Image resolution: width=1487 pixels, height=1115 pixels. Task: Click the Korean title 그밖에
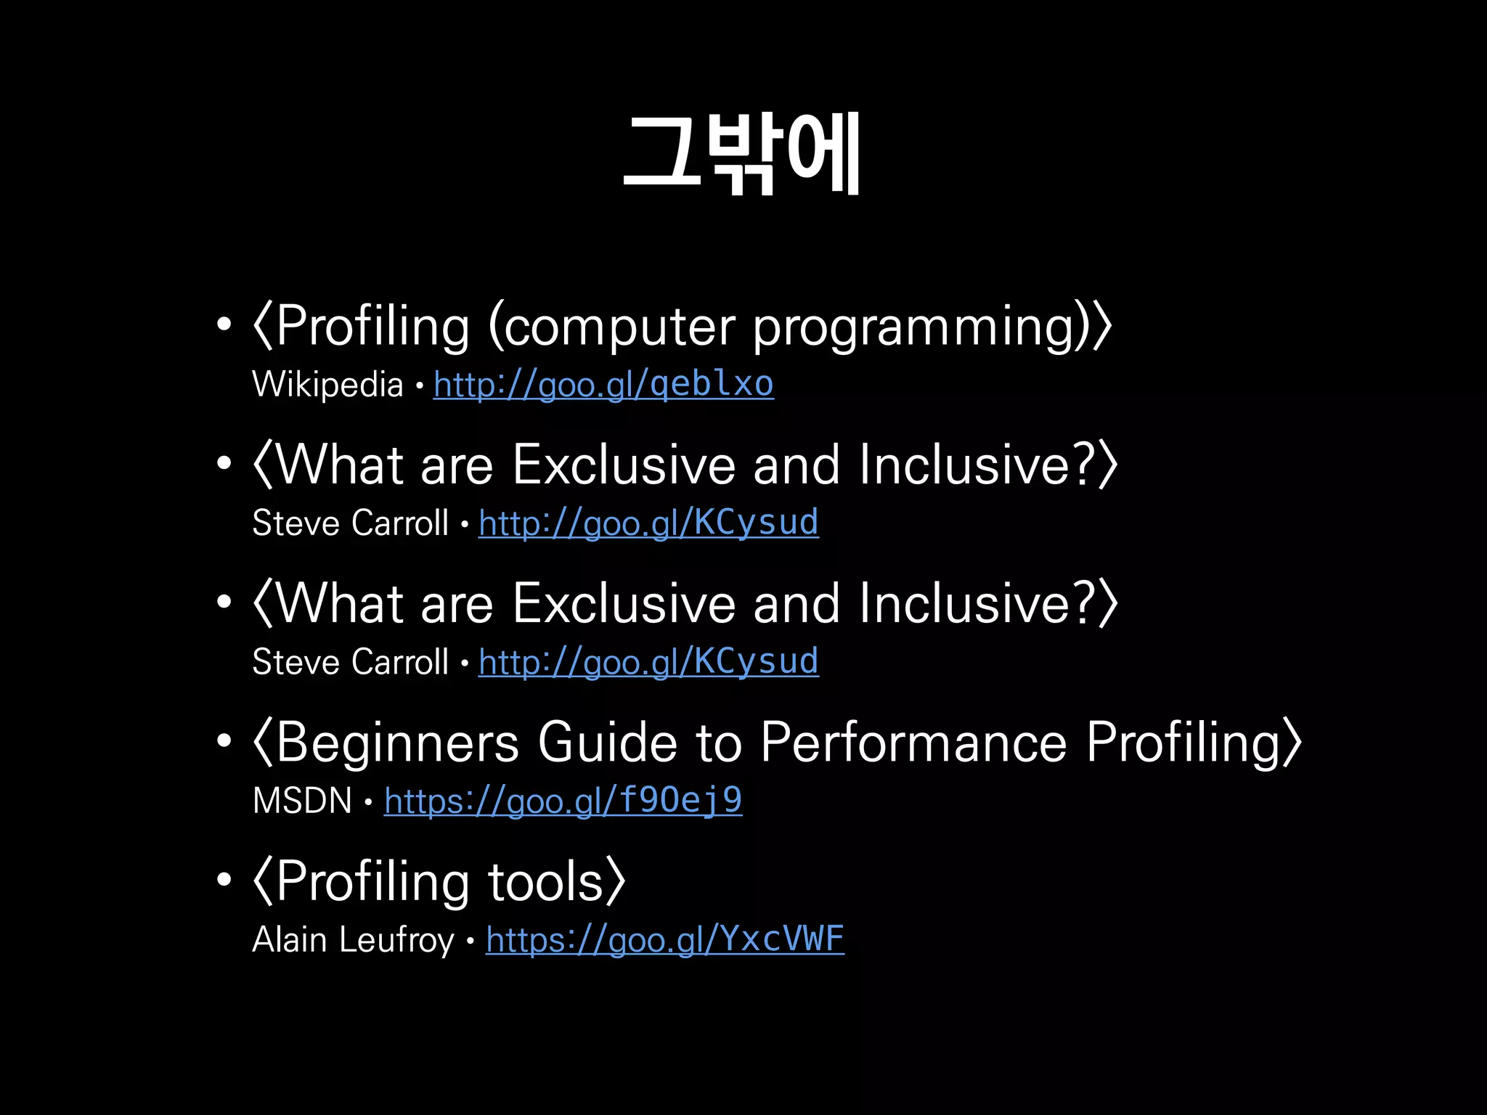pos(742,154)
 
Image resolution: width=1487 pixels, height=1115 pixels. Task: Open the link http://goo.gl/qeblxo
pos(603,385)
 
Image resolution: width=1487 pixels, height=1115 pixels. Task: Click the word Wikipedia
pos(327,385)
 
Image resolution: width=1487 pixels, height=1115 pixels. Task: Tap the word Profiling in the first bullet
pos(373,327)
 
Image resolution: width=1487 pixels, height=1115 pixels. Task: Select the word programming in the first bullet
pos(913,328)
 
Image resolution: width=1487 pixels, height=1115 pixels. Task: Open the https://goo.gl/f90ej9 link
pos(563,801)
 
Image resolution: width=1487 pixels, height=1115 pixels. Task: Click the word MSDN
pos(302,801)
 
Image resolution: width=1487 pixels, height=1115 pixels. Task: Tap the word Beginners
pos(398,743)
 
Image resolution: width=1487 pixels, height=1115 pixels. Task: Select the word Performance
pos(913,743)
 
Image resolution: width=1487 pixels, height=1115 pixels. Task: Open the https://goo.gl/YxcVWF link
pos(664,939)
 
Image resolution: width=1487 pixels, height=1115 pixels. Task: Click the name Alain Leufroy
pos(353,939)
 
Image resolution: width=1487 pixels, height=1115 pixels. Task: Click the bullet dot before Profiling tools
pos(224,880)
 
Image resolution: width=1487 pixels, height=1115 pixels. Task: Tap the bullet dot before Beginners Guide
pos(224,741)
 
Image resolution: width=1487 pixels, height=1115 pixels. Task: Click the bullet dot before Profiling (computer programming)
pos(224,324)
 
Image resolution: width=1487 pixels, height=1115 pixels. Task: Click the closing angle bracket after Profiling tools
pos(616,882)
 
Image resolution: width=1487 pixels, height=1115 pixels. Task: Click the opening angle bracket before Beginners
pos(262,743)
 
